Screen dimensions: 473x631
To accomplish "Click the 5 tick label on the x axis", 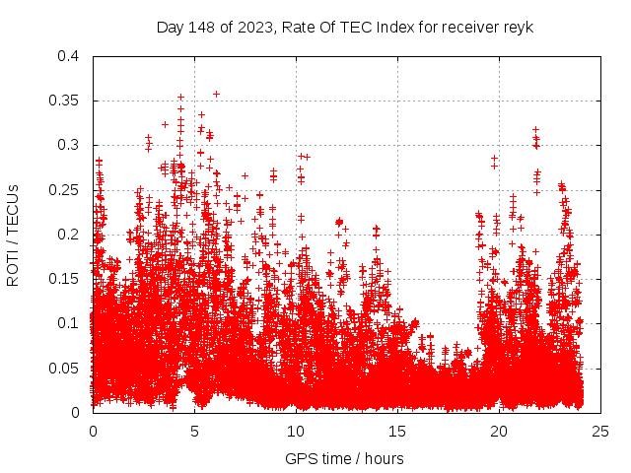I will [195, 431].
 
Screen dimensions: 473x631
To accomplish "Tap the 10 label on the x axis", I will [296, 431].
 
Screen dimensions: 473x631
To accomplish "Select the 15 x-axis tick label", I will [397, 431].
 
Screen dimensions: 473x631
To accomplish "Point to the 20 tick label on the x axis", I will [499, 431].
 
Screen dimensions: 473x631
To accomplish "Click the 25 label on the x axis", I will [600, 431].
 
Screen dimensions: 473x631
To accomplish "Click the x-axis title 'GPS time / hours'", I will [344, 458].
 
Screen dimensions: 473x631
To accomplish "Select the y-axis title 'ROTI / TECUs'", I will [14, 235].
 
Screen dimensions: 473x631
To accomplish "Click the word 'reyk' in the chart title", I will [518, 28].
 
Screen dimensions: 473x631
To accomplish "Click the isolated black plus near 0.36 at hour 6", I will [216, 94].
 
